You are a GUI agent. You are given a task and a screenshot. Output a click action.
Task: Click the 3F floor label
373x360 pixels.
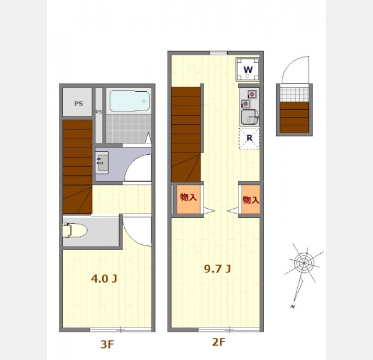click(107, 344)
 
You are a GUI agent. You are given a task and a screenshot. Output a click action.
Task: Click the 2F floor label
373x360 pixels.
click(219, 342)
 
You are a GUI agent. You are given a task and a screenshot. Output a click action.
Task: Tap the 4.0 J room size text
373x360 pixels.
click(104, 278)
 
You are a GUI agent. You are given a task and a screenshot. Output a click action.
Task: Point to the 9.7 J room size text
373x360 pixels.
click(217, 269)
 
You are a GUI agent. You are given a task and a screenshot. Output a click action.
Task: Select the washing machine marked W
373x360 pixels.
click(247, 70)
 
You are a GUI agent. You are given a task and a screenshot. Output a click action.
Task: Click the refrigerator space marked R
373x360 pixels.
click(249, 138)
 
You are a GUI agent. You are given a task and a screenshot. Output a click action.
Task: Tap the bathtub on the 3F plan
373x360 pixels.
click(130, 101)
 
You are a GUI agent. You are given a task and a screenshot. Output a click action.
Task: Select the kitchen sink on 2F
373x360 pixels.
click(249, 117)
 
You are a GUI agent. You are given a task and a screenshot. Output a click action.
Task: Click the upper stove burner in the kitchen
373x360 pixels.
click(252, 94)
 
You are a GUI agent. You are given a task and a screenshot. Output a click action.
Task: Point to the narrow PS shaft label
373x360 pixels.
click(99, 112)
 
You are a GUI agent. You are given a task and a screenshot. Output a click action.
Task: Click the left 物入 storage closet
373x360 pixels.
click(189, 199)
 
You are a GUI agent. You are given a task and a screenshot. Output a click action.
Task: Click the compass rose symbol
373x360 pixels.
click(304, 263)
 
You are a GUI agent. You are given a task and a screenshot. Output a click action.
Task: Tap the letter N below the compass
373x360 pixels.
click(293, 307)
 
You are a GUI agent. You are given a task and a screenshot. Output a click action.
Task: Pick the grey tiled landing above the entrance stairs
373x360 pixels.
click(294, 94)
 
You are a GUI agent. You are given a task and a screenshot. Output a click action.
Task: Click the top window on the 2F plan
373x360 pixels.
click(219, 53)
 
